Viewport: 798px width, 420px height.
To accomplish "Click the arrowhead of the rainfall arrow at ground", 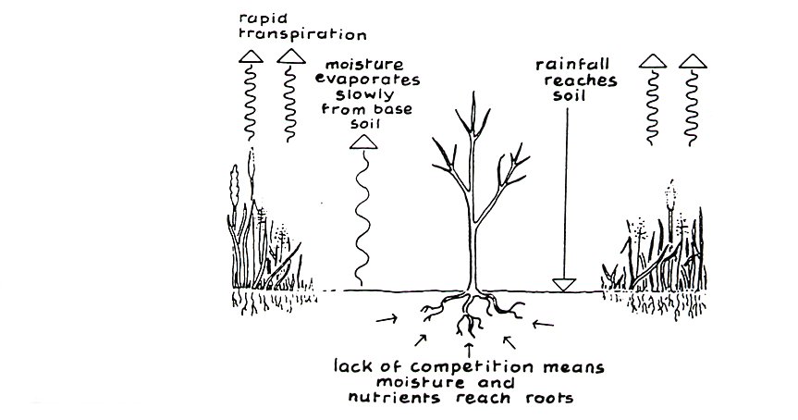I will [x=563, y=283].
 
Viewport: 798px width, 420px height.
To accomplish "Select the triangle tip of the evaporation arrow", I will [x=362, y=142].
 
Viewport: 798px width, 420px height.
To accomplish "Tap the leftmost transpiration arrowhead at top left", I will [x=252, y=57].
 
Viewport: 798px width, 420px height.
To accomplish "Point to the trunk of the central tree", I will [x=474, y=241].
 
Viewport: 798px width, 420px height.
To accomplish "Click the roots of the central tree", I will [x=473, y=315].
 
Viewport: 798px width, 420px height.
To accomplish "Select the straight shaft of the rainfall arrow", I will [x=563, y=185].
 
